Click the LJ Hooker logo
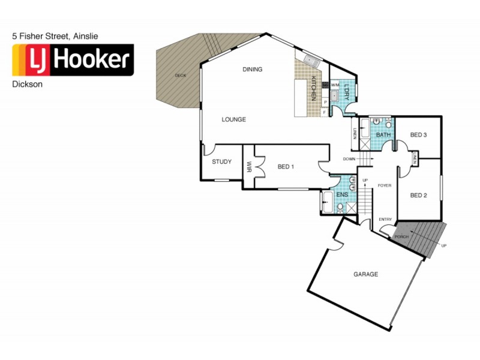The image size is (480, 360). tap(73, 60)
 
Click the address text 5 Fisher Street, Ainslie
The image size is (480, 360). tap(55, 37)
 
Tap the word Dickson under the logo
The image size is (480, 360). tap(27, 85)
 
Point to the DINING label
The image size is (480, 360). tap(253, 70)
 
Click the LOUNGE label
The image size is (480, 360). tap(233, 119)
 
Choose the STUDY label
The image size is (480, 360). tap(222, 162)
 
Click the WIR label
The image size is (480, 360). tap(248, 166)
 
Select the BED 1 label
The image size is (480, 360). tap(285, 166)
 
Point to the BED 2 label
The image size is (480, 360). tap(418, 195)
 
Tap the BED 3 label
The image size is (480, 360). tap(418, 136)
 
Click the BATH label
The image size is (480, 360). tap(383, 136)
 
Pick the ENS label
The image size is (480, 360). tap(342, 195)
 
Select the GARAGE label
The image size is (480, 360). tap(365, 274)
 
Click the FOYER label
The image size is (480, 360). tap(384, 186)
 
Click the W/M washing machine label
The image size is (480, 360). tap(334, 85)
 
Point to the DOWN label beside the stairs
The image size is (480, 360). tap(349, 159)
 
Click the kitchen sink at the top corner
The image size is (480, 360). tap(311, 60)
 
